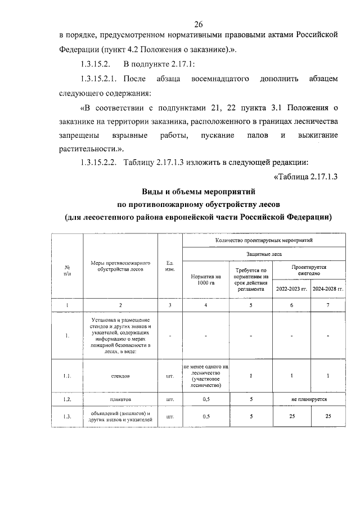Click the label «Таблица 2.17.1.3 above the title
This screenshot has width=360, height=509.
[304, 177]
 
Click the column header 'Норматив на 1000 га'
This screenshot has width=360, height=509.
[206, 280]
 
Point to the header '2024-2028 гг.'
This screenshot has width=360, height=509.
[327, 289]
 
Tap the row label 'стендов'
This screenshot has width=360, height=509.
[120, 375]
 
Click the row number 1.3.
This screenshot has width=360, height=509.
[67, 417]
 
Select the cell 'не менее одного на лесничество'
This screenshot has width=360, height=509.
[206, 375]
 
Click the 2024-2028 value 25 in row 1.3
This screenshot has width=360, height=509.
[327, 417]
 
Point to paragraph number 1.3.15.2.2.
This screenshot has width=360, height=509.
[97, 163]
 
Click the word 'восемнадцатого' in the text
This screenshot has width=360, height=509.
[220, 79]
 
